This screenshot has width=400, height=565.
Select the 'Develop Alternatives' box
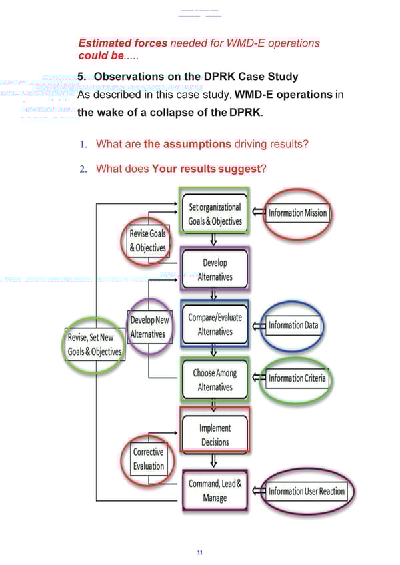(x=214, y=269)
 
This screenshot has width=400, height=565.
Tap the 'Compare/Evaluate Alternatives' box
(x=214, y=324)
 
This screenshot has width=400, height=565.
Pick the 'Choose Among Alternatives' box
(x=214, y=380)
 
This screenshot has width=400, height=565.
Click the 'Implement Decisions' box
(x=214, y=435)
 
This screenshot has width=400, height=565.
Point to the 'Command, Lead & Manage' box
(x=214, y=491)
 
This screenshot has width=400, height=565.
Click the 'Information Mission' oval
(x=297, y=213)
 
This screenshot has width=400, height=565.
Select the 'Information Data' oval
(x=293, y=326)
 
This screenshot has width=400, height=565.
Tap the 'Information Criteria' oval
(x=297, y=379)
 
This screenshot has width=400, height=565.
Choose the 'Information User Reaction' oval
(x=307, y=492)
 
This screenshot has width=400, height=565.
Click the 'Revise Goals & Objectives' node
(x=147, y=240)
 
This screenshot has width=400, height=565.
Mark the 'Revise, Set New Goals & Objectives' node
(x=94, y=344)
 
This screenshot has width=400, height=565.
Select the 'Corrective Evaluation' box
(x=148, y=458)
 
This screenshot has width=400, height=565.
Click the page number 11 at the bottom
(x=199, y=552)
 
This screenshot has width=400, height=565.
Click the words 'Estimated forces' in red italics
(x=123, y=43)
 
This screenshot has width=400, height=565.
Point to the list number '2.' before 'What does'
(x=83, y=169)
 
